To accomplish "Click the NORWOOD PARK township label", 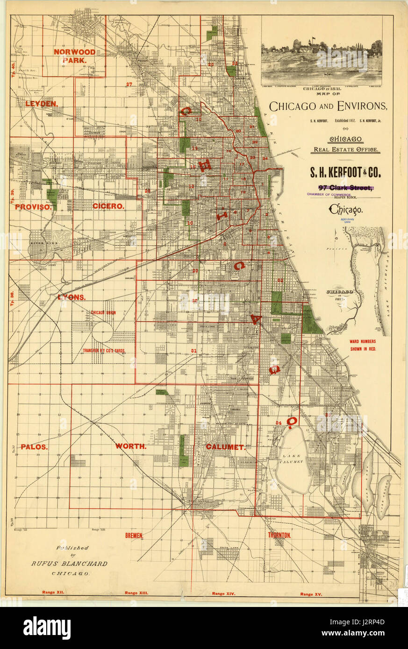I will click(x=74, y=56).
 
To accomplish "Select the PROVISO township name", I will click(x=33, y=206).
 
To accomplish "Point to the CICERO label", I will click(x=108, y=206).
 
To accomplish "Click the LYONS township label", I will click(x=72, y=297).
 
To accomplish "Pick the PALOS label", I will click(x=34, y=446).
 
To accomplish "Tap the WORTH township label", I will click(x=131, y=446).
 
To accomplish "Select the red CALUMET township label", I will click(x=225, y=447).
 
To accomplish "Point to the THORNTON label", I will click(x=279, y=535).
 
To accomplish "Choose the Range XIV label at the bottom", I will click(x=224, y=593).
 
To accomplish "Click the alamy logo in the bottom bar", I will click(x=47, y=628).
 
